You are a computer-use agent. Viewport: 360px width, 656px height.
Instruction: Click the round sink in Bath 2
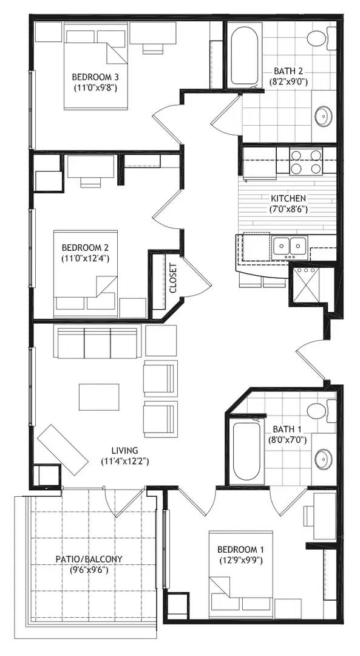pyautogui.click(x=324, y=116)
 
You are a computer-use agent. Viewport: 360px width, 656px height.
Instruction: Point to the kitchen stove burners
pyautogui.click(x=306, y=161)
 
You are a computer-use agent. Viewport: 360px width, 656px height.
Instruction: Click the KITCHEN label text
pyautogui.click(x=288, y=198)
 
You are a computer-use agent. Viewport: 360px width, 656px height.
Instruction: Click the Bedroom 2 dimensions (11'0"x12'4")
pyautogui.click(x=86, y=259)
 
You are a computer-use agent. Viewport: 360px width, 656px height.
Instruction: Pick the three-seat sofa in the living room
pyautogui.click(x=95, y=343)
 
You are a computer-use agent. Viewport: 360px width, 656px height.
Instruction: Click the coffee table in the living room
pyautogui.click(x=99, y=397)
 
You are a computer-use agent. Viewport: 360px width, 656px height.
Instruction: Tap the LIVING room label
pyautogui.click(x=125, y=451)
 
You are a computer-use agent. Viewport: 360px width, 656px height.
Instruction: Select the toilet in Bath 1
pyautogui.click(x=321, y=411)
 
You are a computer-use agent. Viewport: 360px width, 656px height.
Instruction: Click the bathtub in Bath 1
pyautogui.click(x=246, y=451)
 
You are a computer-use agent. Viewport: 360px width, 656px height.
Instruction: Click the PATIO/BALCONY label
pyautogui.click(x=89, y=559)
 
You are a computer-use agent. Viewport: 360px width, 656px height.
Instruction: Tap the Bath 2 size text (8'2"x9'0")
pyautogui.click(x=288, y=82)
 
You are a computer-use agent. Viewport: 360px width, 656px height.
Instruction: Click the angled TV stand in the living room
pyautogui.click(x=63, y=449)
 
